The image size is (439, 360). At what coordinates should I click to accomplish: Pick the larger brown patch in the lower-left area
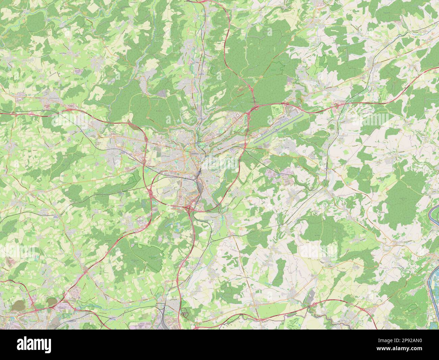tap(18, 306)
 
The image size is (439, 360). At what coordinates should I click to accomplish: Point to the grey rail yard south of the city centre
tap(200, 186)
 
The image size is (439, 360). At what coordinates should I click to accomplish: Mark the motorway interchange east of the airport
tap(339, 106)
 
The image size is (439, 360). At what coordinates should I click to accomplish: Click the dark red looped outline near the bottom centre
tap(184, 314)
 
